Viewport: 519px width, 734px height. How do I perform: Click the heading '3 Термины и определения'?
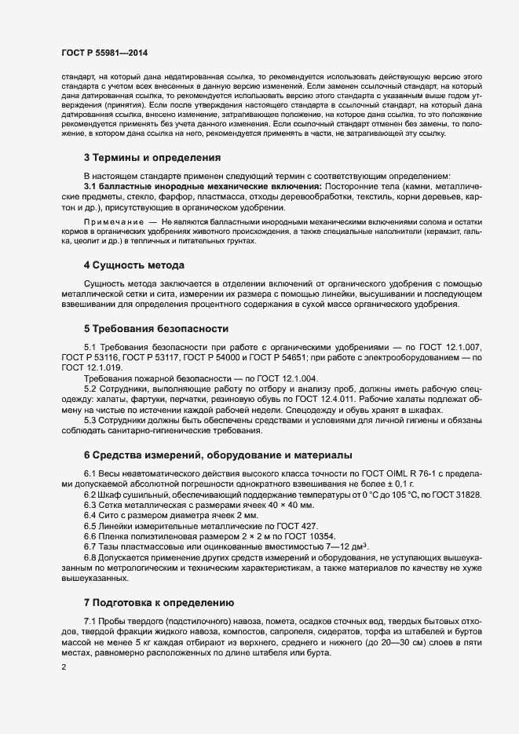click(x=152, y=158)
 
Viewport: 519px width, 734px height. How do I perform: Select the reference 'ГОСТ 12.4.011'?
click(x=298, y=400)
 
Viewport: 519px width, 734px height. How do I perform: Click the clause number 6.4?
click(x=91, y=515)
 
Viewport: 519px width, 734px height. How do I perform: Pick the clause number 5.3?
click(x=91, y=421)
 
